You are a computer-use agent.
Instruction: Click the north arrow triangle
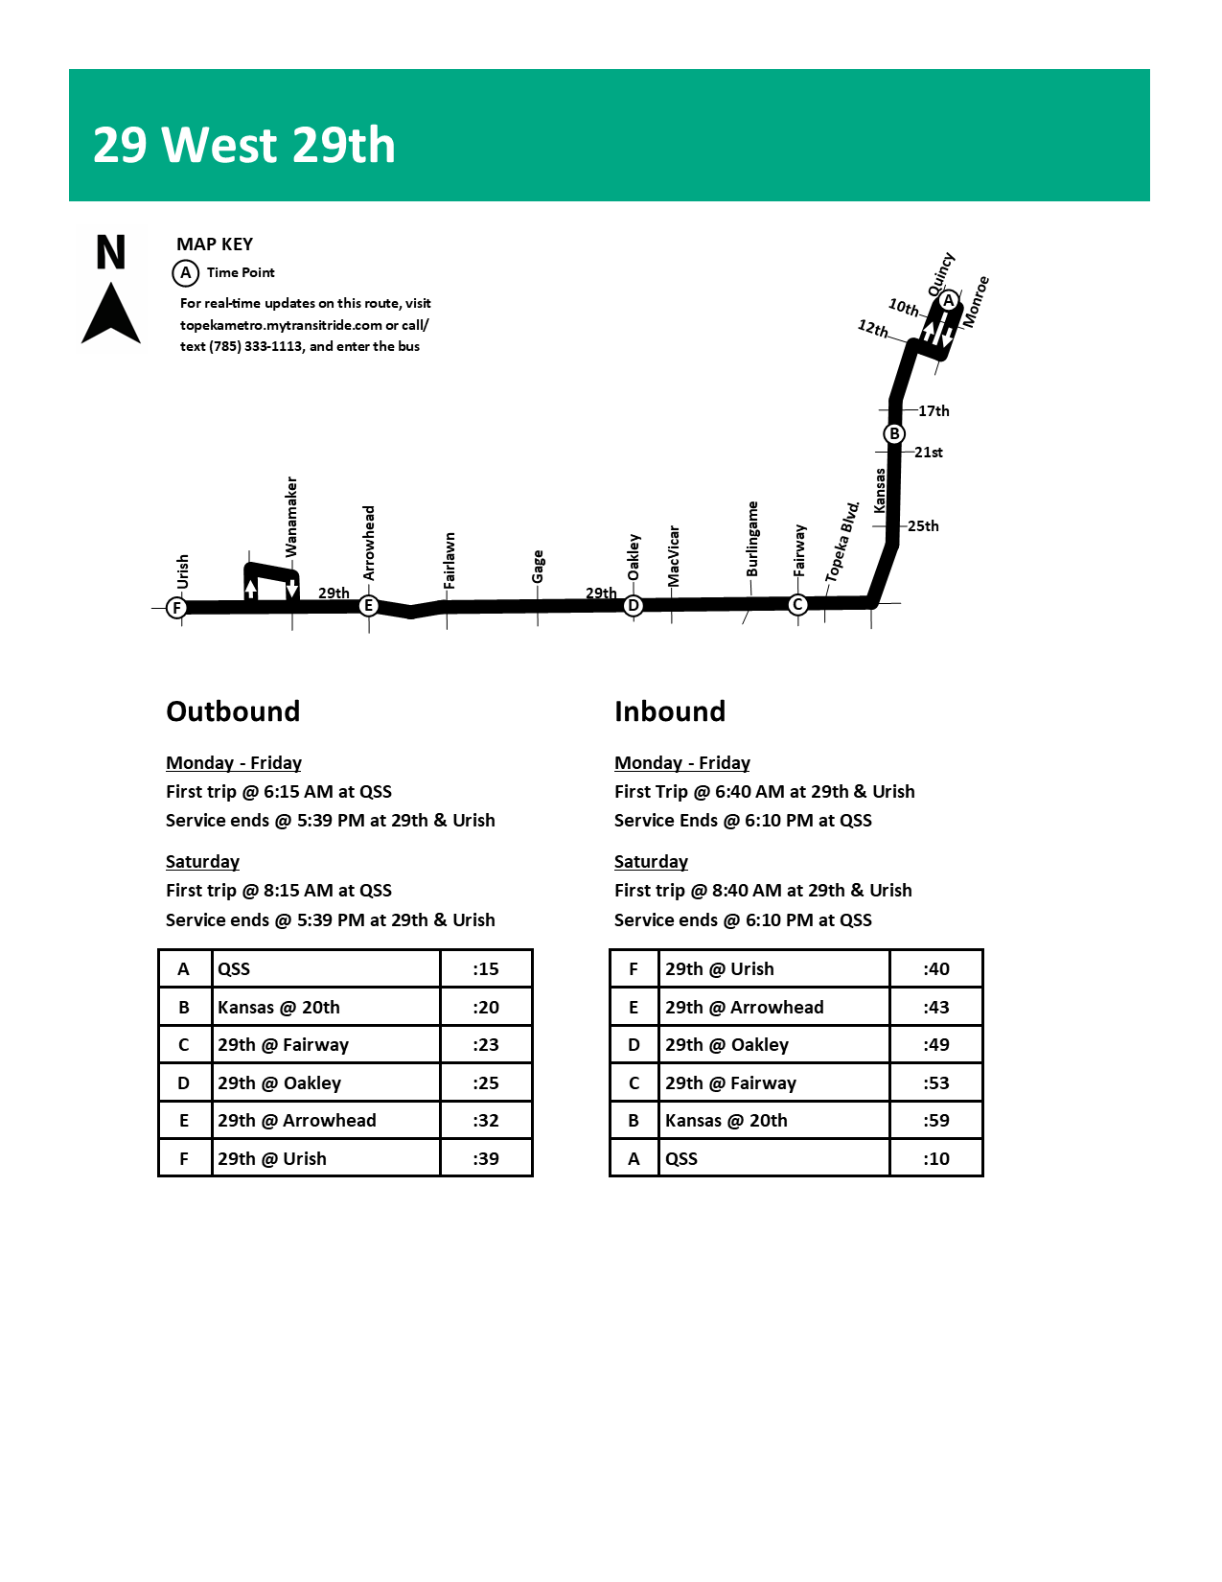pyautogui.click(x=111, y=314)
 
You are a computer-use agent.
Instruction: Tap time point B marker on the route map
pyautogui.click(x=893, y=433)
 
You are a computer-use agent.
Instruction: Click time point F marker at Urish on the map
pyautogui.click(x=176, y=607)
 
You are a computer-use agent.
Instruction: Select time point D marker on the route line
pyautogui.click(x=633, y=605)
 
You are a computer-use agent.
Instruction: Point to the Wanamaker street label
pyautogui.click(x=291, y=517)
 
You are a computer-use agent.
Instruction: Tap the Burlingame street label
pyautogui.click(x=752, y=539)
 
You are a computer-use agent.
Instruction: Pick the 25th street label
pyautogui.click(x=923, y=525)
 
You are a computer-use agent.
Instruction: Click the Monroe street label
pyautogui.click(x=976, y=302)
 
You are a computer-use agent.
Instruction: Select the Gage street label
pyautogui.click(x=538, y=566)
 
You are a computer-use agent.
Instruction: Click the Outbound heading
pyautogui.click(x=233, y=711)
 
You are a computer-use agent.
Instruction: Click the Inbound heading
pyautogui.click(x=670, y=711)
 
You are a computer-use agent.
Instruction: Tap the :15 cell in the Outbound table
pyautogui.click(x=486, y=968)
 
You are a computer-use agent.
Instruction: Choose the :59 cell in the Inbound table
pyautogui.click(x=936, y=1120)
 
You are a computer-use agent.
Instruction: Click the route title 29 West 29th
pyautogui.click(x=244, y=145)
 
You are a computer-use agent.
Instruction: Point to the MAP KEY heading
pyautogui.click(x=215, y=244)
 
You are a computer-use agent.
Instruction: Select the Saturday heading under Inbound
pyautogui.click(x=651, y=861)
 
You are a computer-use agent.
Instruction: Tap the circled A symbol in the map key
pyautogui.click(x=185, y=273)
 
